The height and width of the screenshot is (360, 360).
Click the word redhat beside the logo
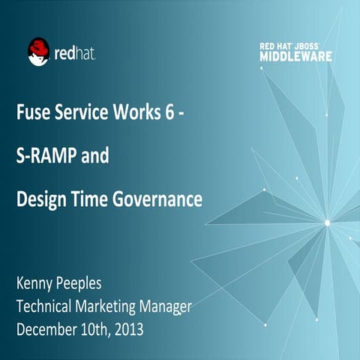[x=75, y=53]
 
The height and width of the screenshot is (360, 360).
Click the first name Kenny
[x=37, y=285]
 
